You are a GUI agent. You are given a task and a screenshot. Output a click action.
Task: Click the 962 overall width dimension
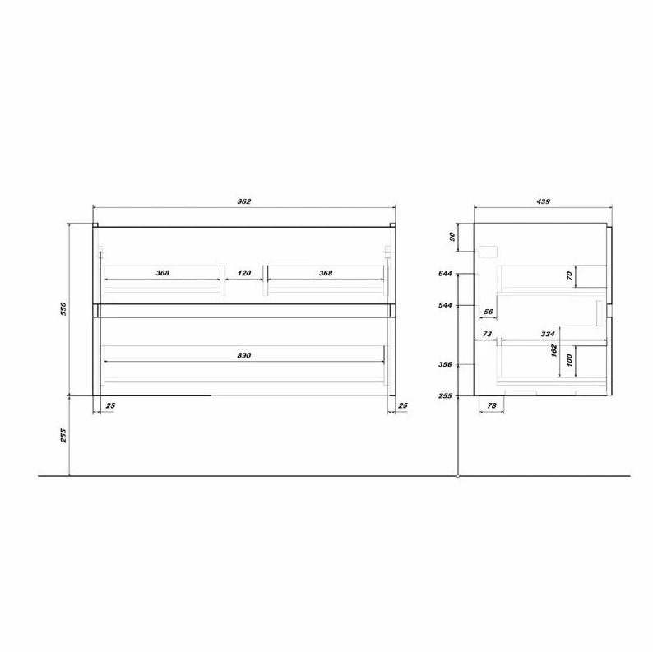[244, 201]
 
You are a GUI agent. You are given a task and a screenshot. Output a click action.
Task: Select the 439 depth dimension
[543, 201]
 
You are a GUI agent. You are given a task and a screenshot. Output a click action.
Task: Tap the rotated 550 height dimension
[63, 308]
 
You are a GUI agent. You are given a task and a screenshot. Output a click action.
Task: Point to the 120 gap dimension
[244, 273]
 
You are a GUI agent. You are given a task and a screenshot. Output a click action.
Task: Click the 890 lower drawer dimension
[244, 355]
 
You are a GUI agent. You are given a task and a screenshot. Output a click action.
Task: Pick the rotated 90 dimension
[452, 237]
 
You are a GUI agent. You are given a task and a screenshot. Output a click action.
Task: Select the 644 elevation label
[445, 274]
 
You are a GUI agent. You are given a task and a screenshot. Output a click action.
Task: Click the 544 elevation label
[445, 305]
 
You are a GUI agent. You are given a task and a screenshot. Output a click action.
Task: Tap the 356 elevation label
[445, 365]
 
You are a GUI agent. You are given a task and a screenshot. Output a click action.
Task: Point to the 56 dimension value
[489, 312]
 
